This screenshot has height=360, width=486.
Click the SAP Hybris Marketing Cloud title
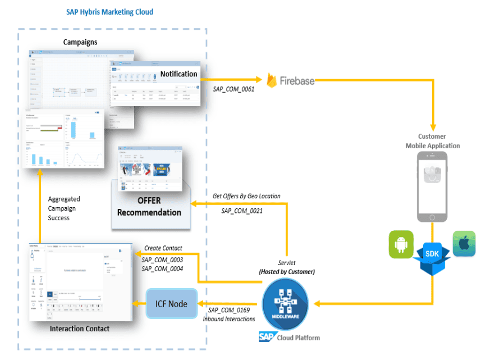pos(109,12)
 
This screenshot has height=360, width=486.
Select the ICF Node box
pos(172,304)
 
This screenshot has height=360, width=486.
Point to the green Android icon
pos(401,244)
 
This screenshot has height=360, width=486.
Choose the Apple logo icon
pos(464,244)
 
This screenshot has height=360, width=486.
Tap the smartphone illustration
pos(432,187)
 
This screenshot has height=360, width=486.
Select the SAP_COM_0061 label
pos(234,89)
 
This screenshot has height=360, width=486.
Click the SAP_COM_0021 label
pos(242,211)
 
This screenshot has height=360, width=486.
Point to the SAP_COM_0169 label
pos(228,310)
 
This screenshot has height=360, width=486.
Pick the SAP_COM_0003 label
pos(162,259)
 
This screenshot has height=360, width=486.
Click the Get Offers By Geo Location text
pos(246,196)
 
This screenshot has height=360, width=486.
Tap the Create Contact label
pos(163,248)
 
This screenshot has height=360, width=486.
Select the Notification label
pos(178,74)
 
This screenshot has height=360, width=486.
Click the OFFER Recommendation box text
pos(149,207)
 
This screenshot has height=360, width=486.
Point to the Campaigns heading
pos(80,42)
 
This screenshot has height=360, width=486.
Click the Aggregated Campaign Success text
pos(64,208)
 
